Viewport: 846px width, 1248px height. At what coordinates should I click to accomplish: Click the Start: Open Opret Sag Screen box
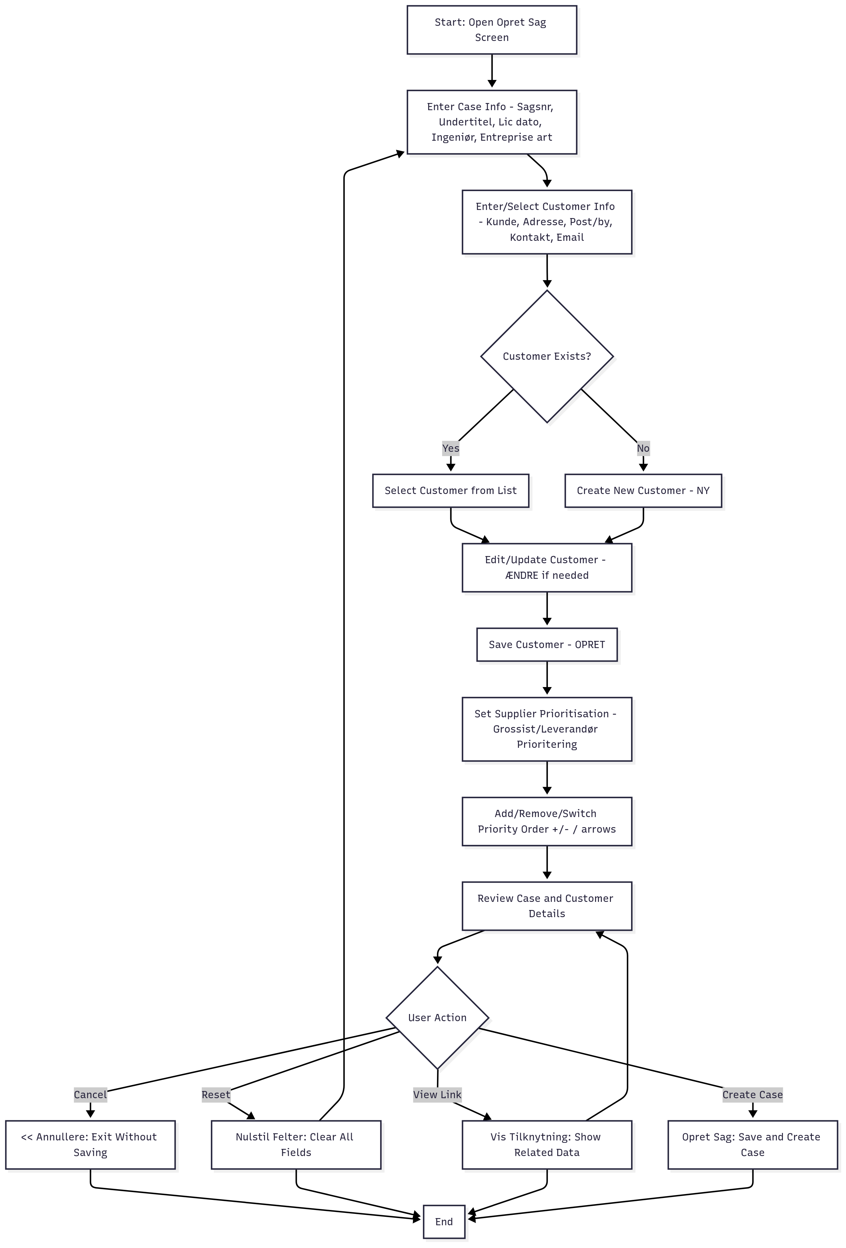coord(492,30)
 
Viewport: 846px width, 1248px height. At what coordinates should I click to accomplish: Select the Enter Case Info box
coord(492,122)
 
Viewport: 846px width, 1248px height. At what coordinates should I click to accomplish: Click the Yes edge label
coord(451,448)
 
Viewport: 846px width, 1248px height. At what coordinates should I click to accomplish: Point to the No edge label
coord(643,448)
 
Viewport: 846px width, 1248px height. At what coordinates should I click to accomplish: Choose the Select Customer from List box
coord(451,490)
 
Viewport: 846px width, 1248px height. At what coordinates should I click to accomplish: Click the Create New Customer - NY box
coord(643,490)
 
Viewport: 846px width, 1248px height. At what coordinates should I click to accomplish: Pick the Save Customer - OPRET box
coord(547,644)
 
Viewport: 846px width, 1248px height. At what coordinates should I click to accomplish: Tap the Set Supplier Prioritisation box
coord(547,729)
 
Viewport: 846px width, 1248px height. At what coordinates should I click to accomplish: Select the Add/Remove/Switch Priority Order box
coord(547,821)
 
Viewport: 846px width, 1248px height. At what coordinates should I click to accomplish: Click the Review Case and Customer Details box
coord(547,906)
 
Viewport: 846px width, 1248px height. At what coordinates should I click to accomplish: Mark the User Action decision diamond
coord(437,1018)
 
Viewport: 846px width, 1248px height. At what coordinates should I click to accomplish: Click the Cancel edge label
coord(90,1094)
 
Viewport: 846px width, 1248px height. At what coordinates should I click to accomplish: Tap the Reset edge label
coord(216,1094)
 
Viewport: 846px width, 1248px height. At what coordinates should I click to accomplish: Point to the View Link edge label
coord(437,1094)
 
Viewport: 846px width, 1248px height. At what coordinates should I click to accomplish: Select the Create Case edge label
coord(753,1094)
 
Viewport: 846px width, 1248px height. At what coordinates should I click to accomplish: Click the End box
coord(444,1222)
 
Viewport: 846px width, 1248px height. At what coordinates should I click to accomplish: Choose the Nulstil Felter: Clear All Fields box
coord(296,1144)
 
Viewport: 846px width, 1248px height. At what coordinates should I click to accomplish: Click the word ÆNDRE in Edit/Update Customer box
coord(522,576)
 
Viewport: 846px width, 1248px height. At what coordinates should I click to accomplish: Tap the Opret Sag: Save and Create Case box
coord(753,1144)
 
